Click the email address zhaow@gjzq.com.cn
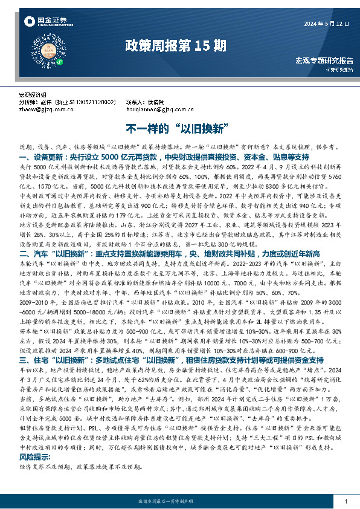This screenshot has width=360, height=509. click(x=44, y=109)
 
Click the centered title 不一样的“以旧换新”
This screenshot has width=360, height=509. click(x=179, y=129)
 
